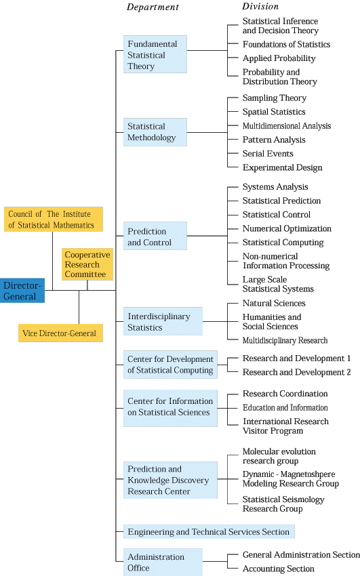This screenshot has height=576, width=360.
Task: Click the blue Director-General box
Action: pos(22,291)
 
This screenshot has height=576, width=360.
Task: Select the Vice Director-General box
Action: pos(60,333)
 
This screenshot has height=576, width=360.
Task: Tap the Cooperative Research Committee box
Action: pos(87,264)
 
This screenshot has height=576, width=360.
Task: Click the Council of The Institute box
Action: pos(54,220)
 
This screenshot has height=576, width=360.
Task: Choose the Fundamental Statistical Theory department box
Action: pos(155,54)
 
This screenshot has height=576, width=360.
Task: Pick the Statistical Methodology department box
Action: pos(155,132)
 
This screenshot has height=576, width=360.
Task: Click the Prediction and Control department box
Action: pos(155,236)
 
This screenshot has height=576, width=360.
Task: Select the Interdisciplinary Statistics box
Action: pos(163,321)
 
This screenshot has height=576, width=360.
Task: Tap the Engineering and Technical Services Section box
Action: pos(209,531)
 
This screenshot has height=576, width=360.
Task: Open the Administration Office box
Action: pos(163,562)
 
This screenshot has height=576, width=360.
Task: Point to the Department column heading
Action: pos(153,7)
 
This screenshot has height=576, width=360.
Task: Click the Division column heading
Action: pos(260,6)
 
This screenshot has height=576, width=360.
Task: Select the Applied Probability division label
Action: pos(279,58)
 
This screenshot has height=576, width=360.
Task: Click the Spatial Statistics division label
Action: pos(274,112)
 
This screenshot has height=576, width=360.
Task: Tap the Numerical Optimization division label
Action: pos(287,229)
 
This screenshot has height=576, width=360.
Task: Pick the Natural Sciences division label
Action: pos(274,304)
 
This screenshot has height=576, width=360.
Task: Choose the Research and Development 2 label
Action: pos(296,372)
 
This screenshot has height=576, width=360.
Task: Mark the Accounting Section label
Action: pos(279,569)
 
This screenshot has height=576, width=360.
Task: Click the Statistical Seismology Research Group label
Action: pos(283,504)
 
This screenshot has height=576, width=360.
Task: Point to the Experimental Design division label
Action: pos(283,168)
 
